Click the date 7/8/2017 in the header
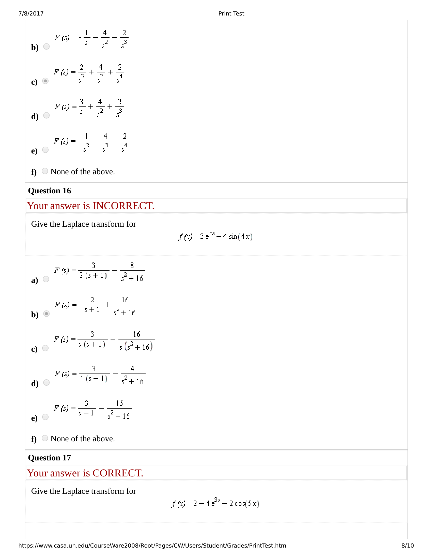(31, 13)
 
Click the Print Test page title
(231, 13)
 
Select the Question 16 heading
(49, 191)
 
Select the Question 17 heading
(49, 458)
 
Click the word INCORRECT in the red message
(123, 206)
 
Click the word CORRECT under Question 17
(117, 473)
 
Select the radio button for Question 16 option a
(46, 279)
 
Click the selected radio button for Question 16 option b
(46, 314)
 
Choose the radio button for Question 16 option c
(45, 348)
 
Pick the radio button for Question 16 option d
(46, 382)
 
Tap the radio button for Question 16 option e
(45, 417)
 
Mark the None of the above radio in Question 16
(45, 438)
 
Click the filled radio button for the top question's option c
(45, 81)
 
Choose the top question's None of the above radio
(45, 171)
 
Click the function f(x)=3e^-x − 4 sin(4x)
(215, 236)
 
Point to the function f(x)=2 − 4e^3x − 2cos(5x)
(215, 503)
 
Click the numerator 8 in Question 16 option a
(132, 266)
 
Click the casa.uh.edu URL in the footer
(152, 546)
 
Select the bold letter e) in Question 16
(34, 418)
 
